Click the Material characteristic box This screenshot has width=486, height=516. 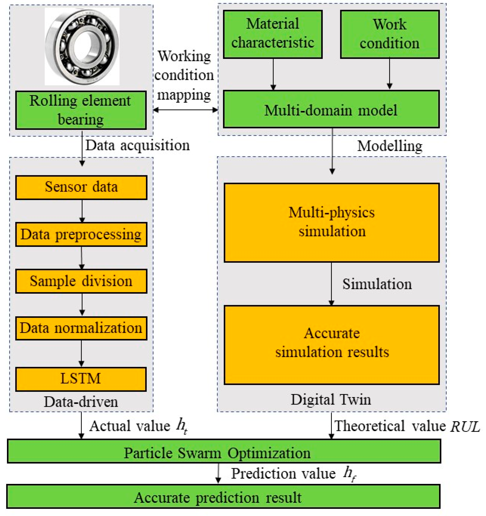click(273, 34)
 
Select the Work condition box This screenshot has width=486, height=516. click(389, 34)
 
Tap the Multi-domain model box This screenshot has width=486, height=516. click(331, 109)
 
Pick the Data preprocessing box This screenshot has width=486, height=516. click(81, 234)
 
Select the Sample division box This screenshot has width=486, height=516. click(81, 281)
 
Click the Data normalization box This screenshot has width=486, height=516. click(81, 328)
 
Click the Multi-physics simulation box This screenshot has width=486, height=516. click(332, 222)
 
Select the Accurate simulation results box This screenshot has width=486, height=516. click(332, 345)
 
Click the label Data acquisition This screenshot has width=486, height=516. click(138, 145)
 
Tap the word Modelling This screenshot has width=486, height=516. click(389, 146)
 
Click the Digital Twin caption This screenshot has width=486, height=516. click(331, 399)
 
